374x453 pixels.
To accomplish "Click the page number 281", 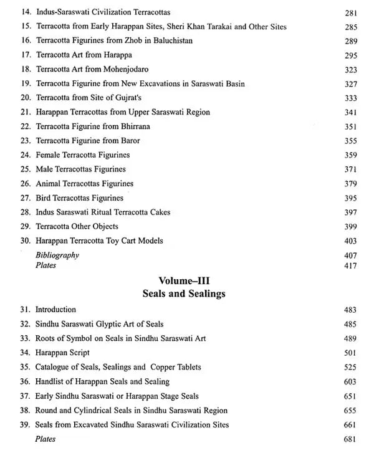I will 350,12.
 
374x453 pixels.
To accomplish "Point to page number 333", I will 350,98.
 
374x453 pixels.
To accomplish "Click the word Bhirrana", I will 135,126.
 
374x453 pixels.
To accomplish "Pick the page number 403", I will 350,241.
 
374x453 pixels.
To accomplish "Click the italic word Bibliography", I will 57,255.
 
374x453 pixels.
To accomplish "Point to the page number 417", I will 350,265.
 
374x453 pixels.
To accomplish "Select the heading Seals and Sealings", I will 186,293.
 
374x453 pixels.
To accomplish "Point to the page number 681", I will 350,439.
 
